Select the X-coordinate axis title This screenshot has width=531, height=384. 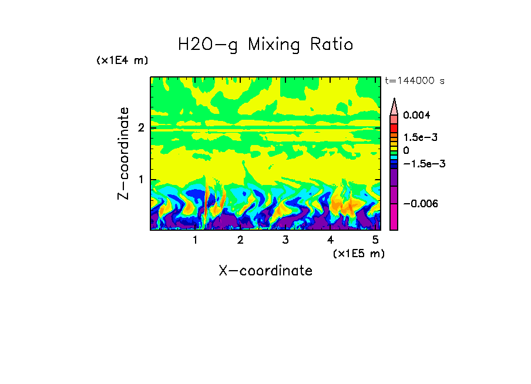coord(265,271)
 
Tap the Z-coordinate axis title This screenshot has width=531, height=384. coord(123,153)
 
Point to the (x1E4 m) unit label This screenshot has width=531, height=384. coord(122,60)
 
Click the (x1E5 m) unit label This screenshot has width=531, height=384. coord(358,253)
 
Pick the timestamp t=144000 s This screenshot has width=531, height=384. coord(414,80)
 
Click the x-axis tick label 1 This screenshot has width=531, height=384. coord(195,240)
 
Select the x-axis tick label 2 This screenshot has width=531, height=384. coord(240,240)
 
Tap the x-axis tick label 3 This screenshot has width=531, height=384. coord(285,240)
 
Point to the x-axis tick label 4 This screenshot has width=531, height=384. coord(330,240)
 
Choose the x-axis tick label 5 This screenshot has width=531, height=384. coord(375,240)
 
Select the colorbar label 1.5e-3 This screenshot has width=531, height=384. coord(416,137)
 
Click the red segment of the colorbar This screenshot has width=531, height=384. coord(394,127)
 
